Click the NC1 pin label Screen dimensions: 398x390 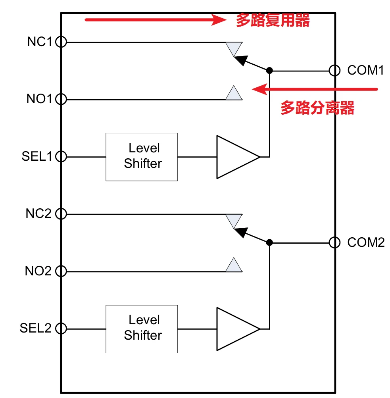click(x=39, y=42)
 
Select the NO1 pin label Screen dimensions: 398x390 click(x=39, y=99)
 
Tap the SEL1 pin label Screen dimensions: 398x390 click(x=37, y=156)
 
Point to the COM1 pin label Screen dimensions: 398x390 click(x=366, y=71)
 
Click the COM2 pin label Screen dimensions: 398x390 click(x=366, y=242)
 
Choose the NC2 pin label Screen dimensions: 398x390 click(x=38, y=213)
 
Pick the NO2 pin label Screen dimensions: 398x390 click(x=38, y=271)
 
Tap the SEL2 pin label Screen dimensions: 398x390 click(x=36, y=329)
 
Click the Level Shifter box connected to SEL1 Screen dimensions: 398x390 click(x=142, y=157)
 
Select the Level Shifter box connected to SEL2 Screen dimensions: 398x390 click(x=142, y=329)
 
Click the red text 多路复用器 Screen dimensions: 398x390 click(x=273, y=20)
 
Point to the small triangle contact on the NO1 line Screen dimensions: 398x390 click(x=234, y=94)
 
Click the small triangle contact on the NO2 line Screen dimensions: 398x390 click(x=234, y=266)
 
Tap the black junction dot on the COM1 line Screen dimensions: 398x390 click(x=269, y=71)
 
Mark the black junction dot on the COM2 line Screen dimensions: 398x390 click(x=269, y=242)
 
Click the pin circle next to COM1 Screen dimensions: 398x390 click(x=334, y=71)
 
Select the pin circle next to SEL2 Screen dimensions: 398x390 click(x=61, y=329)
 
